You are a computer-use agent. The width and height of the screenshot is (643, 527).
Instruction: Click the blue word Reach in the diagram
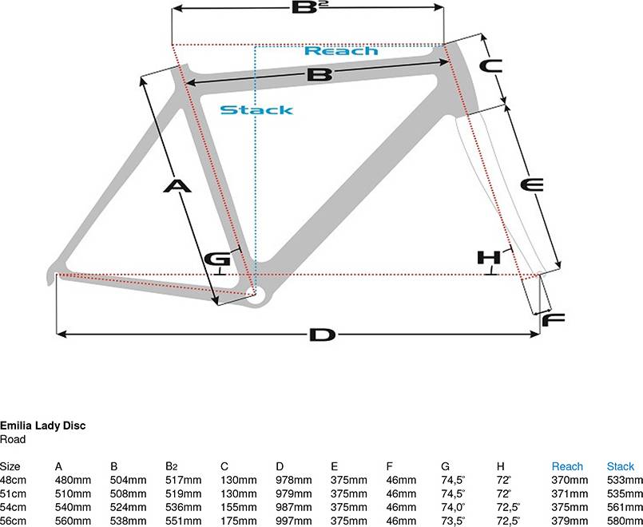pyautogui.click(x=342, y=51)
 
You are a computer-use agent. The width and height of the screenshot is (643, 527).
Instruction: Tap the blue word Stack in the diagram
pyautogui.click(x=256, y=110)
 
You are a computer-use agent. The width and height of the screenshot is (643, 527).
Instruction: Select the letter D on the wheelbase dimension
pyautogui.click(x=323, y=335)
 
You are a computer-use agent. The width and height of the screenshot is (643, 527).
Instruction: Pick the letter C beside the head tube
pyautogui.click(x=491, y=66)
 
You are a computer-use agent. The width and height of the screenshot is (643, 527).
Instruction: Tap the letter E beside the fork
pyautogui.click(x=532, y=184)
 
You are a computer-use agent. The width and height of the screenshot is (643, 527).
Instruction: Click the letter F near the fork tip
pyautogui.click(x=554, y=319)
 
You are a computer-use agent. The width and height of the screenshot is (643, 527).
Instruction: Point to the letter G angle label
pyautogui.click(x=217, y=260)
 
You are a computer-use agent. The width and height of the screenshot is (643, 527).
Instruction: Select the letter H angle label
pyautogui.click(x=489, y=258)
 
